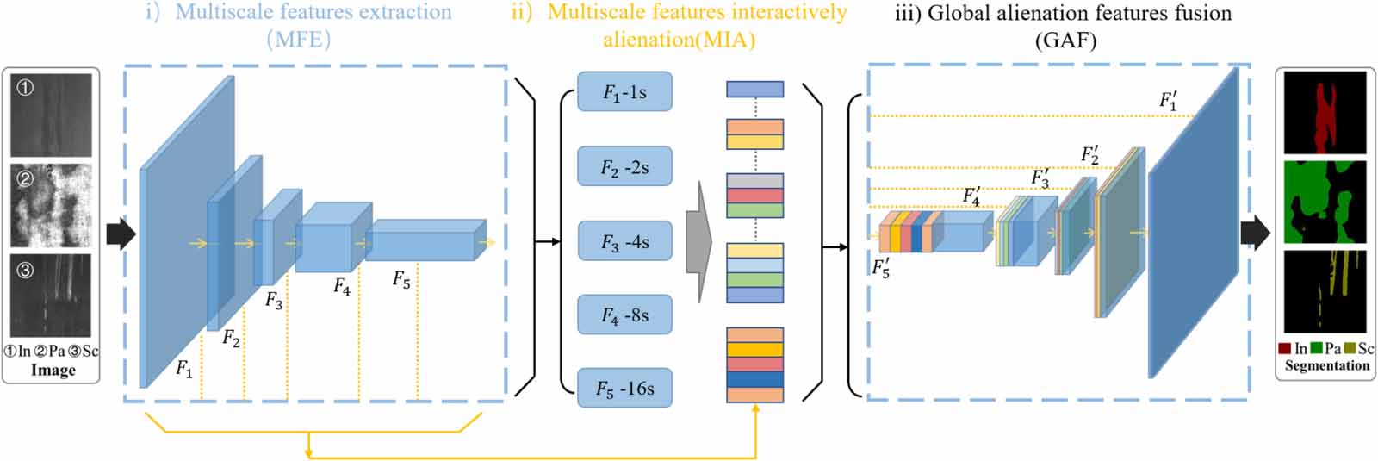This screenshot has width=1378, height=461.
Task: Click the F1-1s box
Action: click(624, 92)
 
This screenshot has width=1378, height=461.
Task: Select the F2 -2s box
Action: click(624, 166)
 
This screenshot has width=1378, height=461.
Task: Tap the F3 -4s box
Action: click(624, 241)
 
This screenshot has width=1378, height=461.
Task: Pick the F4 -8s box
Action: click(624, 315)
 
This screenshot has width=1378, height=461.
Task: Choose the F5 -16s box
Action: click(624, 389)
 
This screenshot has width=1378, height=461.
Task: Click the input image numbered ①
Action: click(51, 114)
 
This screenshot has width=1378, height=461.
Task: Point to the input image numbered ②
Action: click(51, 204)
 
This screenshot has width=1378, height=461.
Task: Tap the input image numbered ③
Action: click(51, 295)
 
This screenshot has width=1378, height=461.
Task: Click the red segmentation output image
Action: click(1325, 112)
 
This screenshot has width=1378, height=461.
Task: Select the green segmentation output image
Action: click(1325, 202)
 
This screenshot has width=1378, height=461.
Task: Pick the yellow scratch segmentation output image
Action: click(1325, 291)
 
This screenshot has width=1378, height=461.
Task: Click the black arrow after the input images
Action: click(121, 234)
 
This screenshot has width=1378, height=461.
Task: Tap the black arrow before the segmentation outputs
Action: click(1255, 234)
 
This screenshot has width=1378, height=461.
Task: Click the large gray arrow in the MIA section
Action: click(698, 241)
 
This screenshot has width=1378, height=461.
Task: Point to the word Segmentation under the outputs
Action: click(1326, 365)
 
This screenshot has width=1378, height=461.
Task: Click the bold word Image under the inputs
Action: click(53, 370)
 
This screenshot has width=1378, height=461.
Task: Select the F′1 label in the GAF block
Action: click(1168, 101)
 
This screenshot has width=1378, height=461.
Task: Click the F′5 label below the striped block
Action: click(881, 268)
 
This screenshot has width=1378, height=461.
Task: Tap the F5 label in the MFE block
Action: click(401, 279)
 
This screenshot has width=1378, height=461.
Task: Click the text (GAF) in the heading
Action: click(1066, 40)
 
